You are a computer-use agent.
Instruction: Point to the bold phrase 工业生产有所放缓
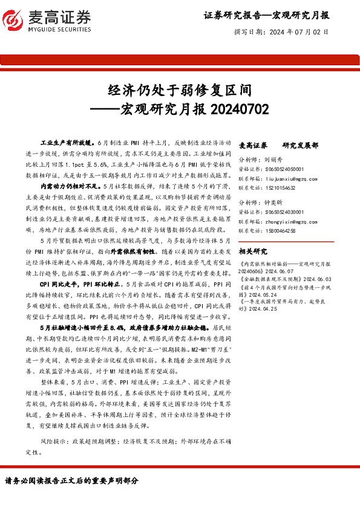[67, 140]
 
